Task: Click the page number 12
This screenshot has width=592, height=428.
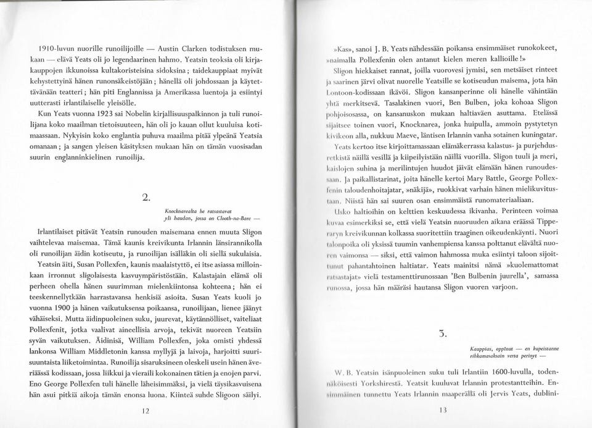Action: [146, 409]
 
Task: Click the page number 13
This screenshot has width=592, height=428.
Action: [442, 409]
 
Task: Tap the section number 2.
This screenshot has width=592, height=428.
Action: [146, 198]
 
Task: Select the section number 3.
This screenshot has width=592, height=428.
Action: [442, 334]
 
